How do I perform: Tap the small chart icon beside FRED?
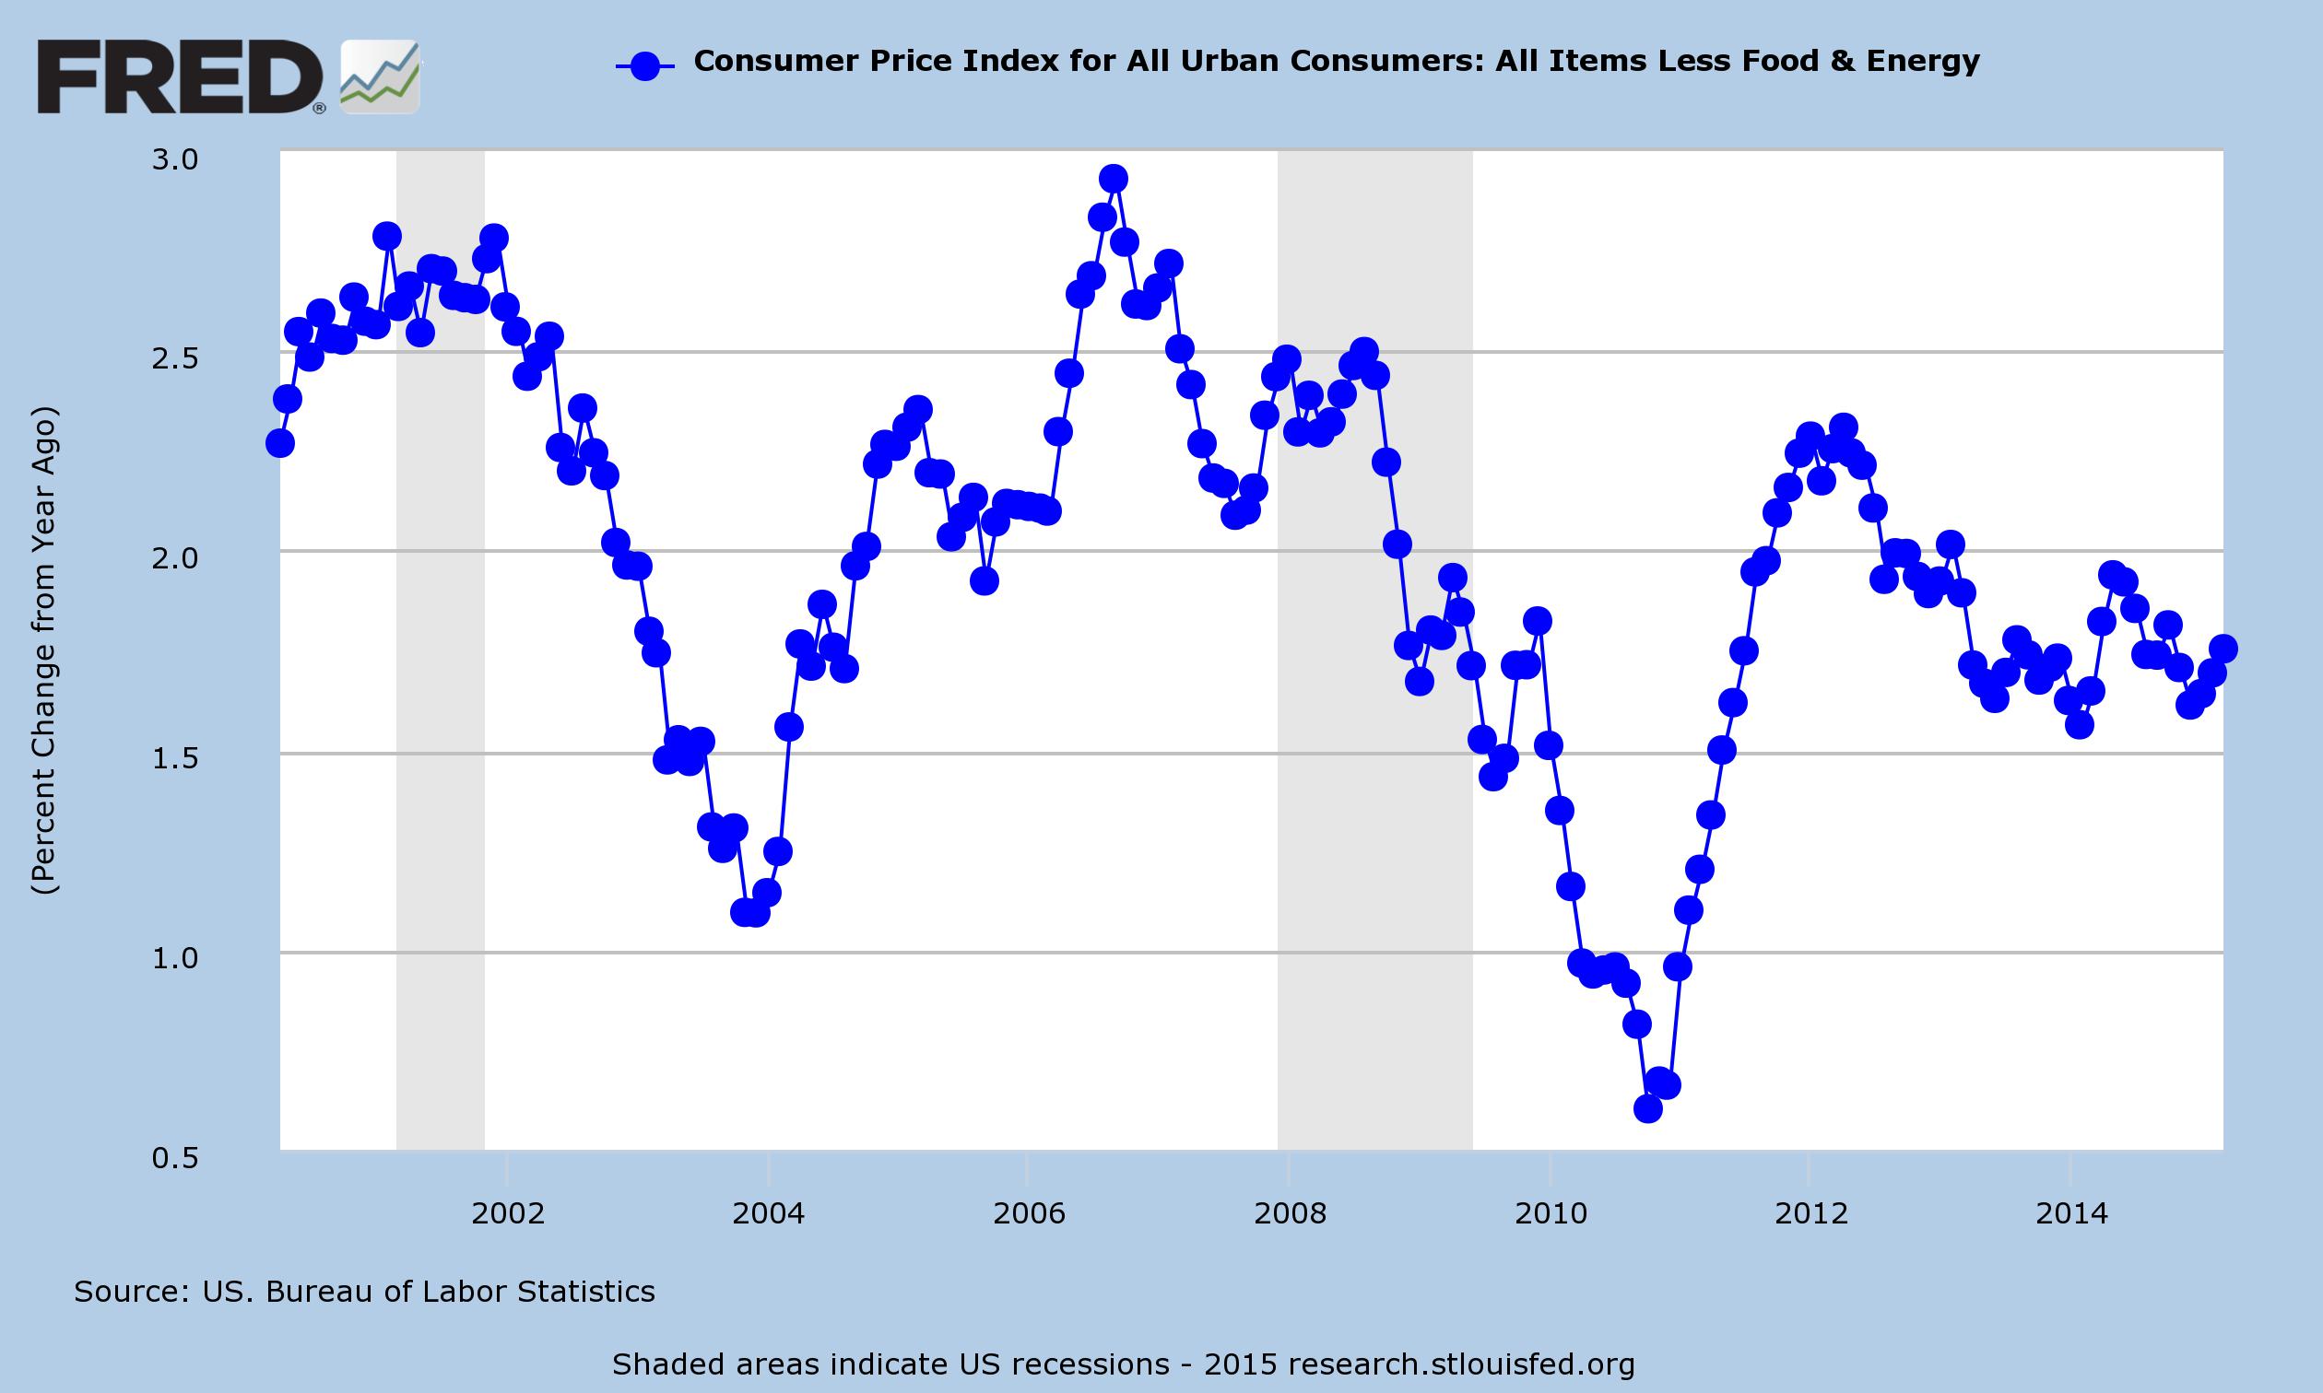[x=380, y=78]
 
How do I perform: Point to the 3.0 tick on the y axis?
[x=175, y=159]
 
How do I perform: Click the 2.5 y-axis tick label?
[x=175, y=358]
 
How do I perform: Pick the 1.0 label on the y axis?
[x=175, y=957]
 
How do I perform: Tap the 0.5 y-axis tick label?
[x=175, y=1157]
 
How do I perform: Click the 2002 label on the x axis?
[x=508, y=1213]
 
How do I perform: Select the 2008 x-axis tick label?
[x=1291, y=1213]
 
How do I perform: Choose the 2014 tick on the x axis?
[x=2071, y=1213]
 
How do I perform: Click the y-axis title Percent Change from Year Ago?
[x=45, y=650]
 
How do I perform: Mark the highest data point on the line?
[x=1113, y=179]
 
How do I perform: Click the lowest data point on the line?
[x=1648, y=1108]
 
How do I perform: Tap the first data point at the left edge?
[x=280, y=443]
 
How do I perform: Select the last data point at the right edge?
[x=2223, y=648]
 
